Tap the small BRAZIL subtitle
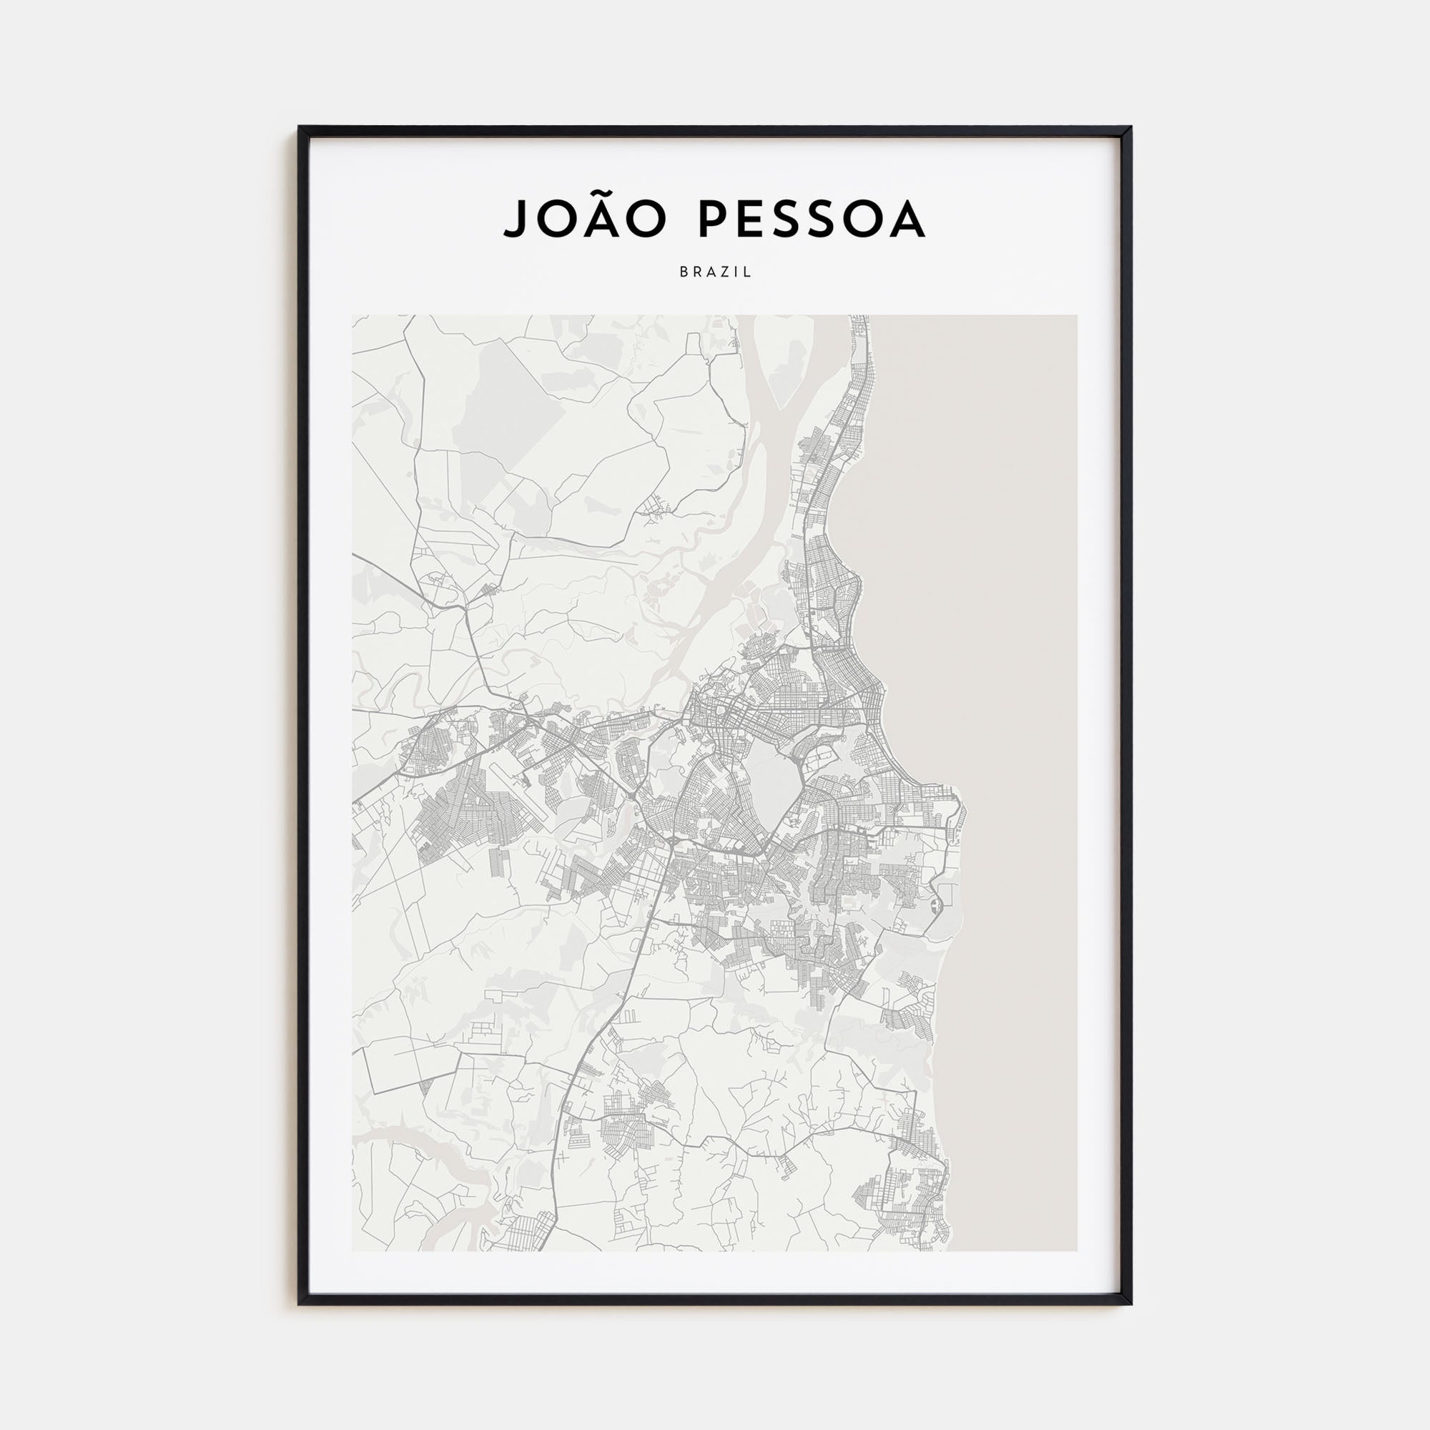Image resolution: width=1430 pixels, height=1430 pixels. (x=715, y=272)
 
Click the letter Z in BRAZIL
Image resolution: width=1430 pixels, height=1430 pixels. (x=723, y=272)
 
